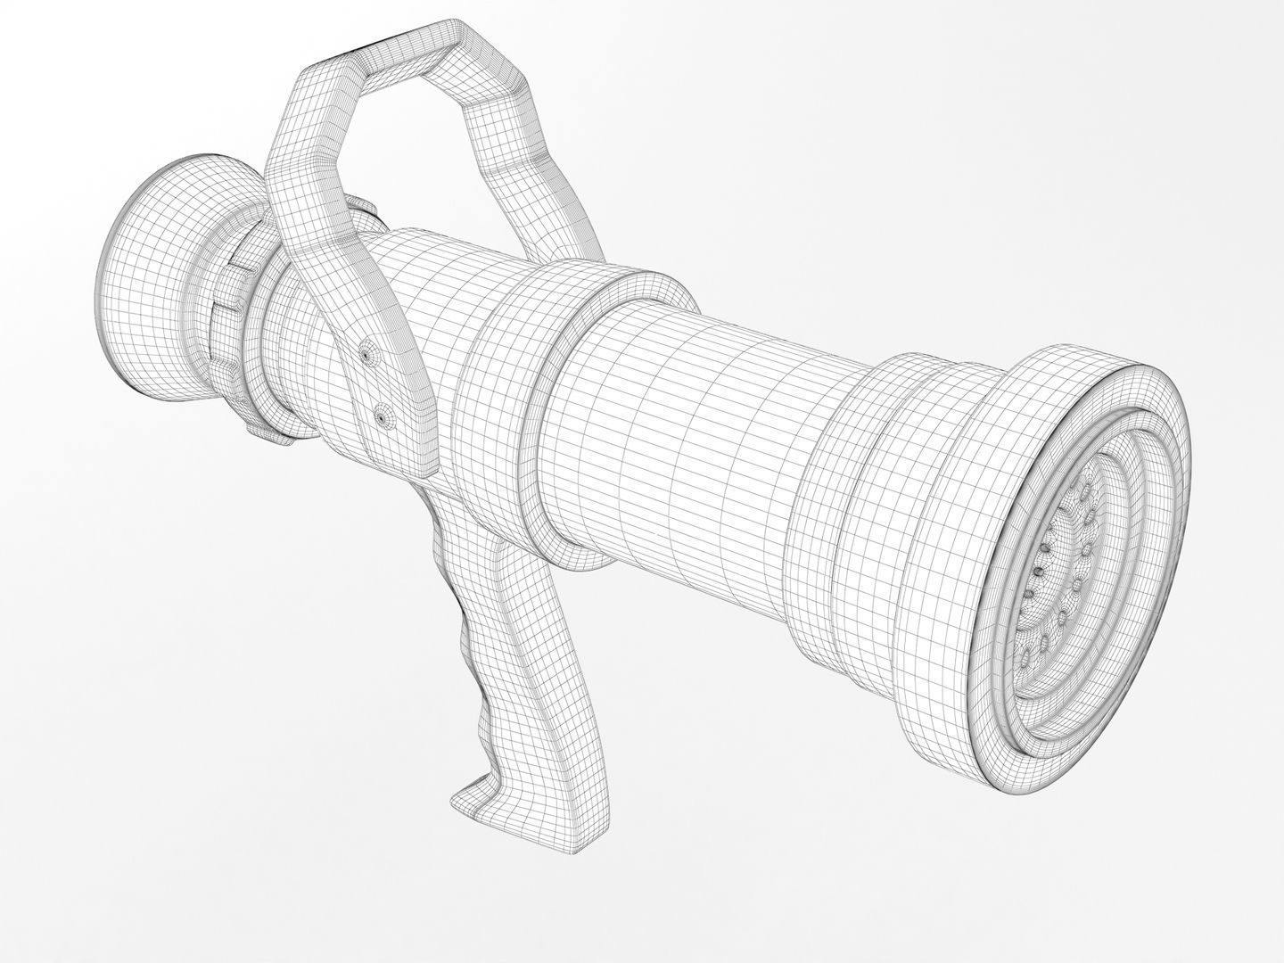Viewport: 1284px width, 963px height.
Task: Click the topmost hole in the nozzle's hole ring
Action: pos(1084,490)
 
